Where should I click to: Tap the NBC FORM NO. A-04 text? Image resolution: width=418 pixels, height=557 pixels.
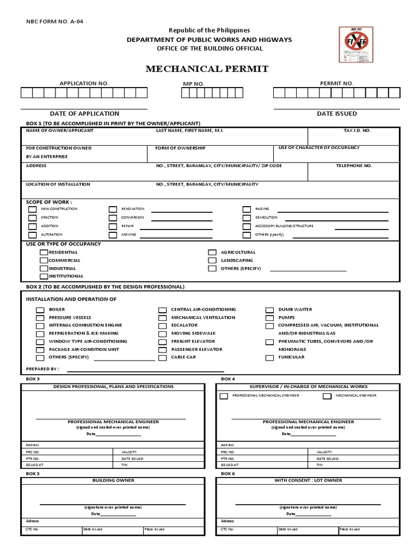click(x=55, y=22)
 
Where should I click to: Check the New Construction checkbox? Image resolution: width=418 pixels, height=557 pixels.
click(x=33, y=209)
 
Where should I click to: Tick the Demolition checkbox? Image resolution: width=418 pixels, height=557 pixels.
click(x=246, y=218)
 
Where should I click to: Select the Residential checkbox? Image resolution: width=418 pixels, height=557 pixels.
click(x=44, y=252)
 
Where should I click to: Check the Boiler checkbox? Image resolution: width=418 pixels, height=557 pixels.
click(x=40, y=310)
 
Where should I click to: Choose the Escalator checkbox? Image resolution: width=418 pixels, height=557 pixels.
click(x=162, y=325)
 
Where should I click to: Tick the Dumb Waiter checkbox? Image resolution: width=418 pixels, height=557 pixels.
click(x=269, y=310)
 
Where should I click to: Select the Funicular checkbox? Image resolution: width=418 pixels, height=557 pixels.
click(x=269, y=357)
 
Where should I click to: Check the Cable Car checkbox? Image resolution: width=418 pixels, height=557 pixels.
click(x=162, y=357)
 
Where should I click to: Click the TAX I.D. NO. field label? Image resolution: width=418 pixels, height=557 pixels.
click(x=357, y=131)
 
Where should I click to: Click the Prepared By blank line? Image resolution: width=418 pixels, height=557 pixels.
click(x=145, y=370)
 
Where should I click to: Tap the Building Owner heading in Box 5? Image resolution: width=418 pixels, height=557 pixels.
click(x=113, y=481)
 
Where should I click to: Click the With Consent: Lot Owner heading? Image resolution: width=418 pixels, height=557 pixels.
click(x=308, y=481)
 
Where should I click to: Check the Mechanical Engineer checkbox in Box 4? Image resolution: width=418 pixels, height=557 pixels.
click(x=327, y=396)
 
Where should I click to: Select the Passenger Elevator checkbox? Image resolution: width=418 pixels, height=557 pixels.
click(x=162, y=349)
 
